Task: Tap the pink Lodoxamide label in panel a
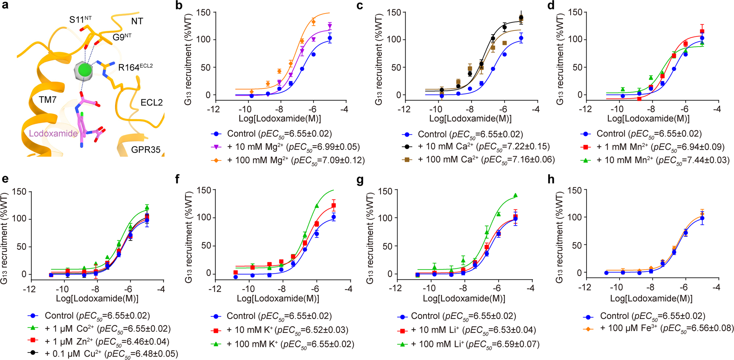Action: (53, 134)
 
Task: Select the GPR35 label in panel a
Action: (146, 150)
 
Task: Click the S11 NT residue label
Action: (80, 19)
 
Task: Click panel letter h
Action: (551, 180)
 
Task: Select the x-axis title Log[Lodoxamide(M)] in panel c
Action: (470, 119)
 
